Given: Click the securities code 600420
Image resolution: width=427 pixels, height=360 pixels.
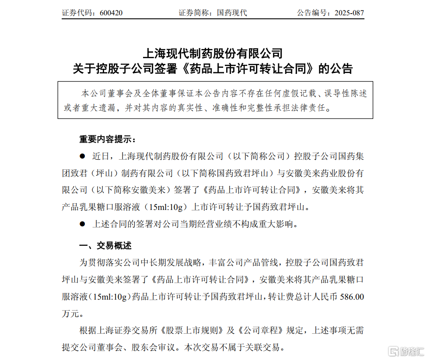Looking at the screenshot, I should pos(111,13).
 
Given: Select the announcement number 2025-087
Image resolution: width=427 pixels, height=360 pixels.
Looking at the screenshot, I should pos(349,13).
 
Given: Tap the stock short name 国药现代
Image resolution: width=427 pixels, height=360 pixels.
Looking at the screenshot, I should pos(232,13).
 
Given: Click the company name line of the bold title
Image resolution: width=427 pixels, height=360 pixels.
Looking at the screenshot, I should pos(213,54).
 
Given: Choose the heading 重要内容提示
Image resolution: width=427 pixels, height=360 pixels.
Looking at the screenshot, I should pos(107,140).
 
